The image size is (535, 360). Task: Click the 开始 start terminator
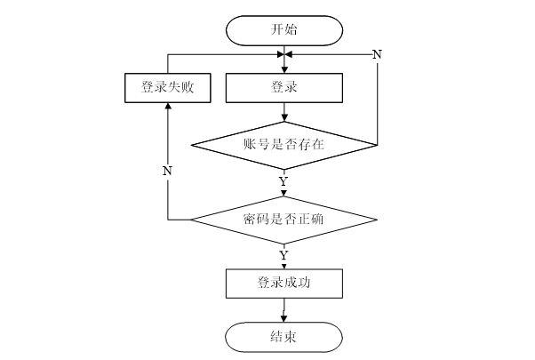[x=284, y=30]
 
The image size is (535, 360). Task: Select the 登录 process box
[x=284, y=88]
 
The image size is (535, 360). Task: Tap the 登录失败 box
[x=168, y=88]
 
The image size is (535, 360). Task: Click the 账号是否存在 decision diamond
[x=284, y=145]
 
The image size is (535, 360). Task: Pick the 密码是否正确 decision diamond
[x=284, y=220]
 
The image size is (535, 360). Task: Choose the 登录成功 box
[x=284, y=284]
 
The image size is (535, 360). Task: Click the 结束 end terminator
[x=283, y=337]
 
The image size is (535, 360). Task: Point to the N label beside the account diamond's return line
[x=377, y=54]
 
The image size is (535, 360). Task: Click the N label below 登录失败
[x=167, y=171]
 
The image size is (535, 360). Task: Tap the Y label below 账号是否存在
[x=283, y=181]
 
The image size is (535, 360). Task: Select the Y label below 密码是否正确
[x=283, y=255]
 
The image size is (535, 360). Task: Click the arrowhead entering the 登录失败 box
[x=168, y=106]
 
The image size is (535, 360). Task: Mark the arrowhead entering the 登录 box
[x=284, y=70]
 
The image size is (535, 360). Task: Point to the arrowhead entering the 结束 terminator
[x=283, y=319]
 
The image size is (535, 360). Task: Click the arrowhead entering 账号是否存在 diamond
[x=284, y=118]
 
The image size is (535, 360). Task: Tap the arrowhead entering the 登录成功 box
[x=283, y=266]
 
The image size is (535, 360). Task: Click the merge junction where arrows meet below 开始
[x=284, y=54]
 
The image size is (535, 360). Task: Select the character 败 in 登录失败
[x=188, y=87]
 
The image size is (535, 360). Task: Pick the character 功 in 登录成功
[x=304, y=283]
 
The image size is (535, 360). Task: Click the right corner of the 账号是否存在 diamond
[x=378, y=145]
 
